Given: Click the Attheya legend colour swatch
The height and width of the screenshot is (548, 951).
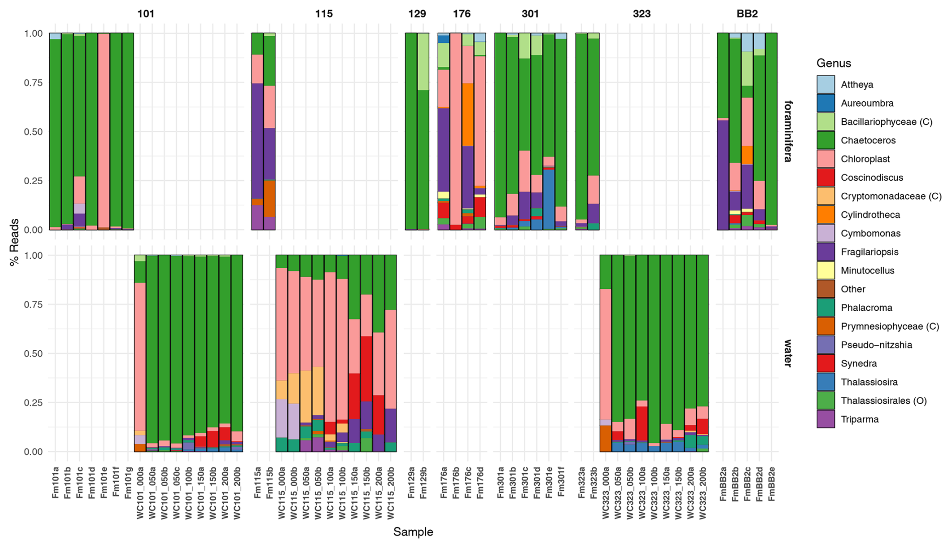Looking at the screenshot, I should [825, 85].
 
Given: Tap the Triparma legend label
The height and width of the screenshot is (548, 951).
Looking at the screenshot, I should [860, 419].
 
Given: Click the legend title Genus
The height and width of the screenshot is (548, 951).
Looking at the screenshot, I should [833, 63].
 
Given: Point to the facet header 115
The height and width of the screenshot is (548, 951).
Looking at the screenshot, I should [324, 14].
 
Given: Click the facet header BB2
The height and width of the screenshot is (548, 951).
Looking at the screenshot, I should [747, 14].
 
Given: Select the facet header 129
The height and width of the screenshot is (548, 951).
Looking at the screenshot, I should [417, 14].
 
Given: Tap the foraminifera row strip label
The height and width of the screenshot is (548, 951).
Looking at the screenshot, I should [788, 131].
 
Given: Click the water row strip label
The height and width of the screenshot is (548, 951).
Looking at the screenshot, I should [788, 353].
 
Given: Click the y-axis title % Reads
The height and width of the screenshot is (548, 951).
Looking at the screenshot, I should [14, 242].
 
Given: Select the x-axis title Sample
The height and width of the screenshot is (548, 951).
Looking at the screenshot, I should [413, 532].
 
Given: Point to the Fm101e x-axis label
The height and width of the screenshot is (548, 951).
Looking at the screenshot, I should [104, 484].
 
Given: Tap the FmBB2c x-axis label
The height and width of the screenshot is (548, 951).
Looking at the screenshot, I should [747, 485].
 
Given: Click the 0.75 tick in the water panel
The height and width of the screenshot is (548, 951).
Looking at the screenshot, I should [34, 304].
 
